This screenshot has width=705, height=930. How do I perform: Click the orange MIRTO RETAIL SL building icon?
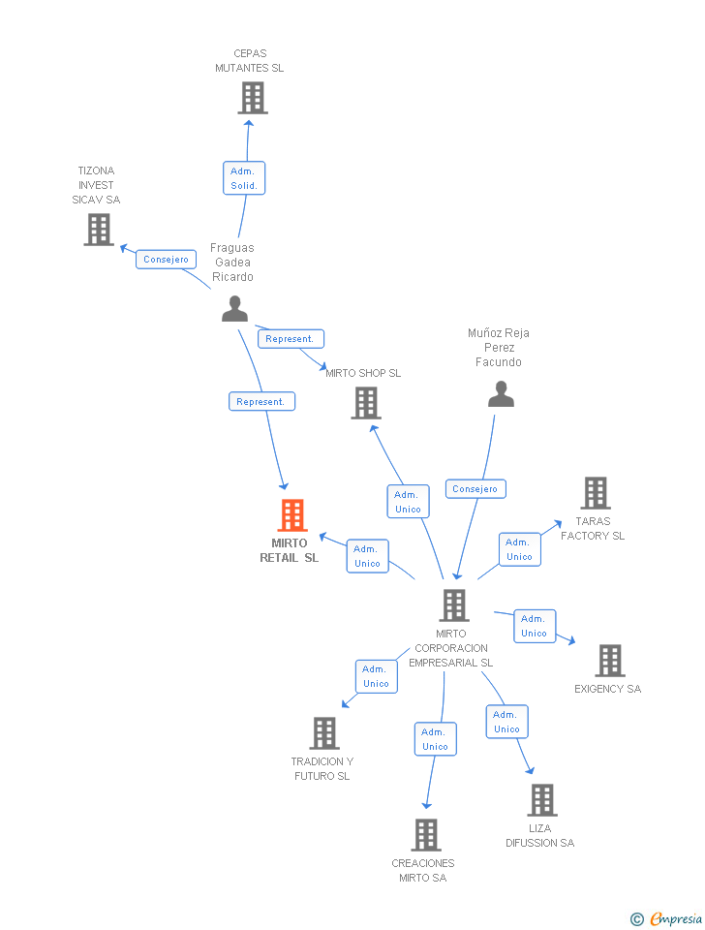292,514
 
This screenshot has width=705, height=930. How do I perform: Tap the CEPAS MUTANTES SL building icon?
253,98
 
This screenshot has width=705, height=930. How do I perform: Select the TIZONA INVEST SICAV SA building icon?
99,230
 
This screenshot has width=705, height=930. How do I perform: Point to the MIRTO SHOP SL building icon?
366,403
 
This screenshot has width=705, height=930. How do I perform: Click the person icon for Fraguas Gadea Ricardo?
234,309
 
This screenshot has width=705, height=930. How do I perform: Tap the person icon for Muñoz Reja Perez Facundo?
501,394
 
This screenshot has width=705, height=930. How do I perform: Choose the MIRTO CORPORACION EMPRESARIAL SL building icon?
454,605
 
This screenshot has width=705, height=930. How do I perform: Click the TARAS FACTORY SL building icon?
596,493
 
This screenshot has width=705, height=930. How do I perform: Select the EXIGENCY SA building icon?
610,661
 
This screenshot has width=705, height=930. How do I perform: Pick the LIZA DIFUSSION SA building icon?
542,800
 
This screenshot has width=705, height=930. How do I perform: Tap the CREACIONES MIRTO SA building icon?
426,835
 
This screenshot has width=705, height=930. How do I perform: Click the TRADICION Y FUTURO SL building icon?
325,733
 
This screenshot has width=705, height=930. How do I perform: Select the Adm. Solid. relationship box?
244,178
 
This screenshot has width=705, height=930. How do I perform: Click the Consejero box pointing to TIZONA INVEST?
166,260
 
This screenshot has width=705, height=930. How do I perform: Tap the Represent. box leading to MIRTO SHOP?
291,339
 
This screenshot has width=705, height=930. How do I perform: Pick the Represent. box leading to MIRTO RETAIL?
261,401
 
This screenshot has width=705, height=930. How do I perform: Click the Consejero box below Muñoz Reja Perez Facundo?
475,488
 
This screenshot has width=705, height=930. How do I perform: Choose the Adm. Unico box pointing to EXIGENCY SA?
535,626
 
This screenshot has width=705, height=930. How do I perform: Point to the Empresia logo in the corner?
667,918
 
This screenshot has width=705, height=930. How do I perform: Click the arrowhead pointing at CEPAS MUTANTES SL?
249,123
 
